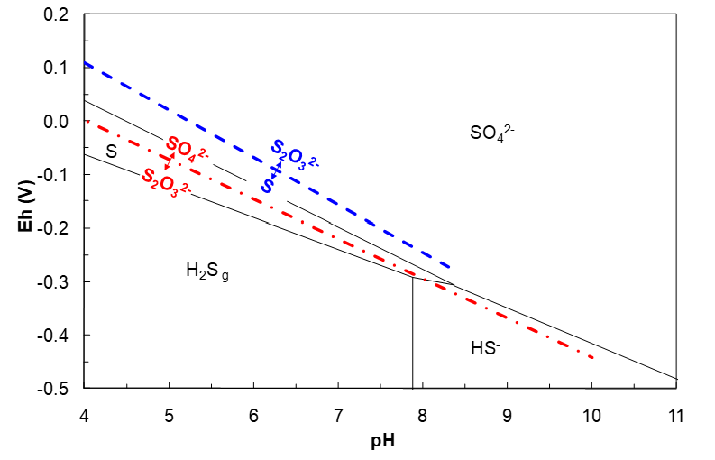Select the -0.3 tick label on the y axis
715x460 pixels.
58,282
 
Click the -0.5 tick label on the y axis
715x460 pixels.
58,389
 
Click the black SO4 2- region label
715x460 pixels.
491,133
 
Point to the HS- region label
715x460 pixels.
485,347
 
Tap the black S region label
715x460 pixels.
111,151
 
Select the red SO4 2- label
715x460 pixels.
187,148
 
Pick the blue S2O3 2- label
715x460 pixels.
295,154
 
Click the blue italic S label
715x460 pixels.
268,185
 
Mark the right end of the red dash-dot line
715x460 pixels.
592,357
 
